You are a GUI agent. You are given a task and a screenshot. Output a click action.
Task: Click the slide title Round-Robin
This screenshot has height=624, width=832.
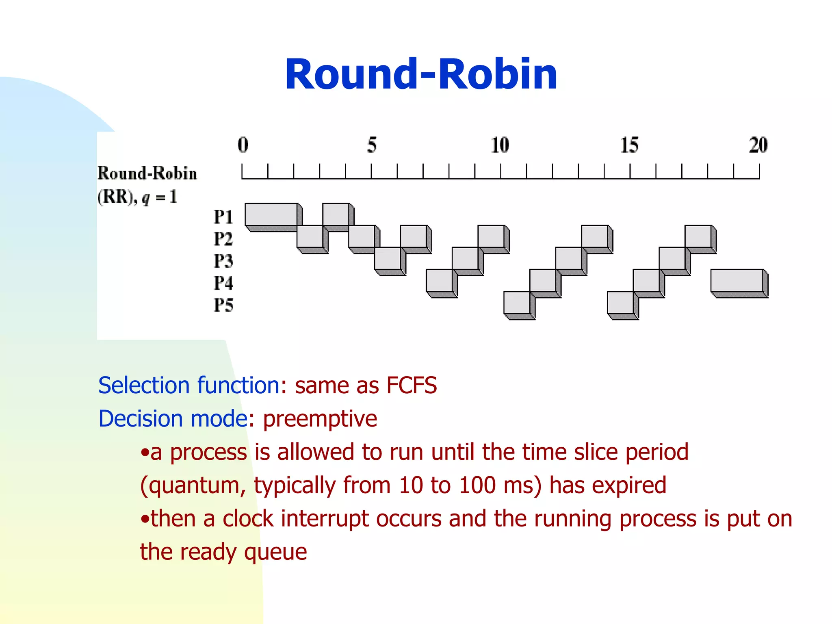coord(421,74)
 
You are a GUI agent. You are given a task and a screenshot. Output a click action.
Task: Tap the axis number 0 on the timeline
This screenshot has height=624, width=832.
coord(243,145)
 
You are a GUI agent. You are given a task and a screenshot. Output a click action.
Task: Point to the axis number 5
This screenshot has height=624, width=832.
coord(372,145)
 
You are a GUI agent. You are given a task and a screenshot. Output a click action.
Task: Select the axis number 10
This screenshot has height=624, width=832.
coord(500,145)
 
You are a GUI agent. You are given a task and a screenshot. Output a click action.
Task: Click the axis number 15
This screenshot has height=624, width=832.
coord(629,145)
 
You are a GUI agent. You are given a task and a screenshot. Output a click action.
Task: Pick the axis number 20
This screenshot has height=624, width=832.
coord(758,145)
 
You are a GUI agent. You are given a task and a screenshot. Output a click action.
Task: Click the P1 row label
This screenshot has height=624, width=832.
coord(223,217)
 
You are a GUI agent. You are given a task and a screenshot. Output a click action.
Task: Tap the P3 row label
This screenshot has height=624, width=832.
coord(223,261)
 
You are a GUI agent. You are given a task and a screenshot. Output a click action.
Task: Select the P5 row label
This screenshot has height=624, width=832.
coord(223,305)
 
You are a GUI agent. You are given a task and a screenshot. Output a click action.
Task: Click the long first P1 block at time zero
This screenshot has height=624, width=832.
coord(271,214)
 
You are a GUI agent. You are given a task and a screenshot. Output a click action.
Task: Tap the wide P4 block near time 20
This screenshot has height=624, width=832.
coord(737,280)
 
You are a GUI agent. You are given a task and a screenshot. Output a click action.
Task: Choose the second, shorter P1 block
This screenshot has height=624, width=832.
coord(336,214)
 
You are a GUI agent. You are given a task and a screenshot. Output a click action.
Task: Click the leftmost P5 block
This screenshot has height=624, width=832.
coord(517,303)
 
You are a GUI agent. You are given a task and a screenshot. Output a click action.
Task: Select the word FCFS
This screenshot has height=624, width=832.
coord(411,385)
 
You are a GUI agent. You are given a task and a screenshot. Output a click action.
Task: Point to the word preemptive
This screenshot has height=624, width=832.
coord(320,419)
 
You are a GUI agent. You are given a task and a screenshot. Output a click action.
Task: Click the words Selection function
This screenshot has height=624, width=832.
coord(189,385)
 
